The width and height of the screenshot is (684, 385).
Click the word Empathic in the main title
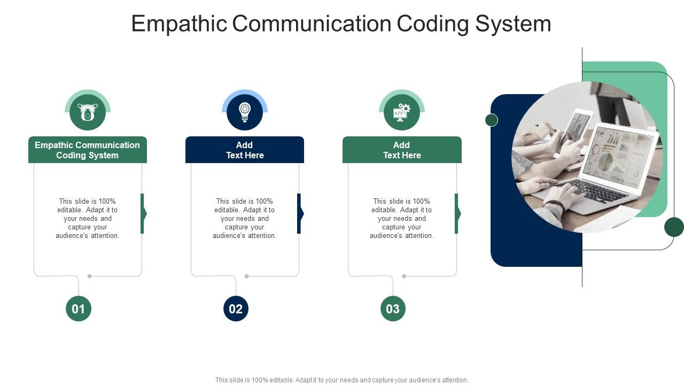pos(179,24)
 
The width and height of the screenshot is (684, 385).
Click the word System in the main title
pos(513,24)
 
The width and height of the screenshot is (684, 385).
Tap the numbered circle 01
pos(79,309)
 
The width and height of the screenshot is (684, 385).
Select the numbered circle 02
pos(236,309)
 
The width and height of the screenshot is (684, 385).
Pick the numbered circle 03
pos(393,309)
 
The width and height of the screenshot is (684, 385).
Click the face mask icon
pos(88,112)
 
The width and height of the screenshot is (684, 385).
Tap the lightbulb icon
pos(245,112)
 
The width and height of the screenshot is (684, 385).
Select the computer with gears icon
pos(401,112)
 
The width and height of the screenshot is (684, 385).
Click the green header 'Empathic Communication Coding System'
pos(88,150)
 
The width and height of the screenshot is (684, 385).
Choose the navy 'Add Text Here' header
pos(245,150)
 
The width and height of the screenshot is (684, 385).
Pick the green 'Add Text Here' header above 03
pos(402,150)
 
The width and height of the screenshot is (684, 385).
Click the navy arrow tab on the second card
pos(300,213)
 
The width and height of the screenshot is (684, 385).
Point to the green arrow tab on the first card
pos(144,213)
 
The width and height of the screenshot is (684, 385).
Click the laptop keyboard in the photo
pos(591,191)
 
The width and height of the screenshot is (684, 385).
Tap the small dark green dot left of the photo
pos(491,120)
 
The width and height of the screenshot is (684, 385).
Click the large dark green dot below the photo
pos(674,227)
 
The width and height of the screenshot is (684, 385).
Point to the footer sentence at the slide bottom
pos(341,380)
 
